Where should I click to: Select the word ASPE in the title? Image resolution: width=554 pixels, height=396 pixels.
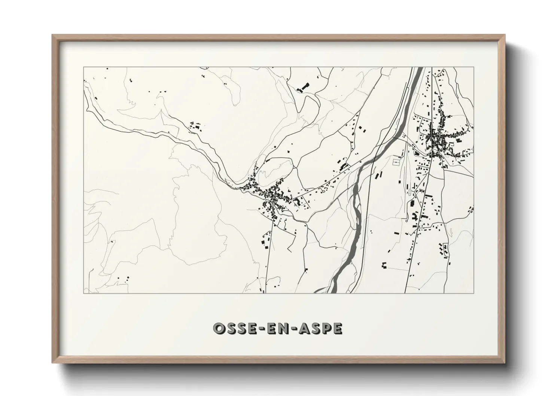coord(320,328)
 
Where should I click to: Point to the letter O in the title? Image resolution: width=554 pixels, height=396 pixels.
coord(218,328)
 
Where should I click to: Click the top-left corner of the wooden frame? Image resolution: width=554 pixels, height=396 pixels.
coord(52,35)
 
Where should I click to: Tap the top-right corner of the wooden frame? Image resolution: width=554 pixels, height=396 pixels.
coord(505,35)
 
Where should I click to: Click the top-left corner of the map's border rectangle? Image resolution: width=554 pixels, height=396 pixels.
coord(83,67)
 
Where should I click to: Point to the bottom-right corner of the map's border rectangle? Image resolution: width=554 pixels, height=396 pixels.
coord(474,293)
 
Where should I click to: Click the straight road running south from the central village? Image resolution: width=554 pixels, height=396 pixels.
coord(268,255)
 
